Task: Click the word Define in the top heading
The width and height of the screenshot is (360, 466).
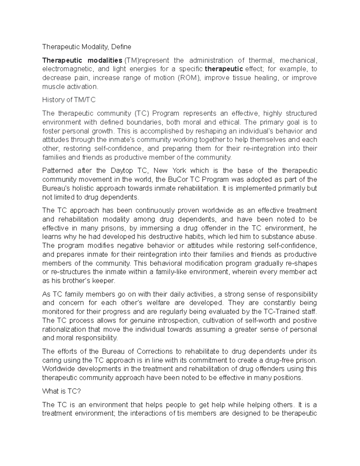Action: [x=121, y=47]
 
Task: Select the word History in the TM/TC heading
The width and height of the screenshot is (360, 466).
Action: [x=52, y=100]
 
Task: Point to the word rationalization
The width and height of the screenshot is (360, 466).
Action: [x=64, y=329]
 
